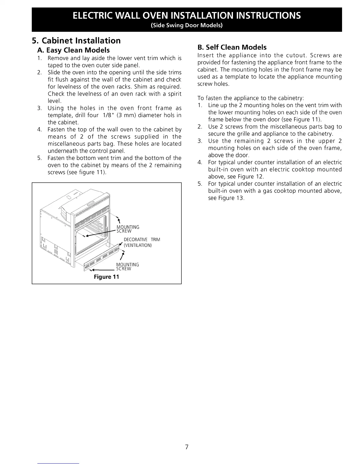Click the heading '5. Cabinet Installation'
76,41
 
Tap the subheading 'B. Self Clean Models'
232,47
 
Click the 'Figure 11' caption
106,277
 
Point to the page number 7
186,447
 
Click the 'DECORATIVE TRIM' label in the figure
142,239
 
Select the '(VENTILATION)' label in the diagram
138,245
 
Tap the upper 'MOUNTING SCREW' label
128,229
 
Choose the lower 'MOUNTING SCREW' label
127,267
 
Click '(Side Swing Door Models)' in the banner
186,25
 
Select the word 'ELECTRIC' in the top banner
94,15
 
